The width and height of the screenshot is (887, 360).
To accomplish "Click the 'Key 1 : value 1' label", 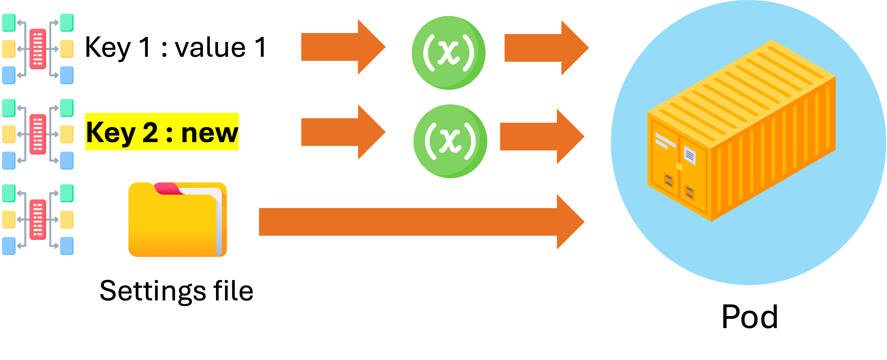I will point(177,47).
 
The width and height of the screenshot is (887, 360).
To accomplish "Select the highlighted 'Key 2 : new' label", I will point(162,132).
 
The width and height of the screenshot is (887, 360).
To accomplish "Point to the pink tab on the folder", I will point(167,189).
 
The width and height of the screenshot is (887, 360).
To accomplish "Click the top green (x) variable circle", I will point(448,53).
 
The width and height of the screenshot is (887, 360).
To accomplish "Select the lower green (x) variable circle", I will point(450,141).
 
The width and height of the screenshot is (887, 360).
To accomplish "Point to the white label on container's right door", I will point(689,155).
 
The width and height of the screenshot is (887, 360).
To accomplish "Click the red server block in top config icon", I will point(37,49).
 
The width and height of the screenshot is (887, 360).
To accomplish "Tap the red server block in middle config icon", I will point(37,134).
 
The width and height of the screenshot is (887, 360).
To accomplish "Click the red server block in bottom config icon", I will point(37,220).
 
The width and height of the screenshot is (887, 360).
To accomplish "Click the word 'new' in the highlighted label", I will point(209,133).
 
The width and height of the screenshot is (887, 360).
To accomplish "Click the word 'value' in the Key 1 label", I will point(210,48).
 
